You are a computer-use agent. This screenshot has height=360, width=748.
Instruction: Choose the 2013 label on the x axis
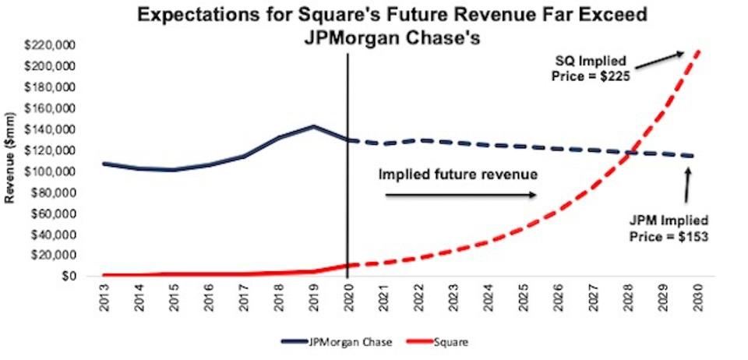104,298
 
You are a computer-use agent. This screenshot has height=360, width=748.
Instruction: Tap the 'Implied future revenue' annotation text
457,174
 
